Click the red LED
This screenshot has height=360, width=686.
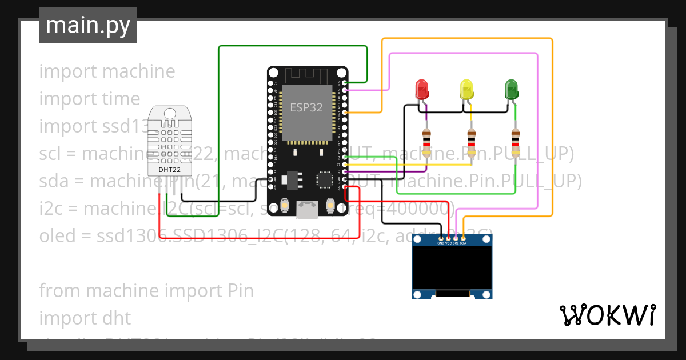coord(422,89)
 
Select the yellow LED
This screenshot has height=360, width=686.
coord(466,89)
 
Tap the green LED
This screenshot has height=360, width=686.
coord(511,89)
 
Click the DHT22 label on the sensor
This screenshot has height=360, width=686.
coord(170,169)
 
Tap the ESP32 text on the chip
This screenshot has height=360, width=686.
coord(306,107)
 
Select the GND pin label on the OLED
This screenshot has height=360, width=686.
coord(441,243)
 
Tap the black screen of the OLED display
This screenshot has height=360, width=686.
coord(452,267)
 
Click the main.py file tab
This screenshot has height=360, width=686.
coord(88,25)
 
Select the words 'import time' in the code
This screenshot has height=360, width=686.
coord(90,99)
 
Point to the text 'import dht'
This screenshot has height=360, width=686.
coord(85,318)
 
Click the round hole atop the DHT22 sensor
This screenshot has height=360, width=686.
coord(170,113)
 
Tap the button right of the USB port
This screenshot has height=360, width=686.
coord(330,205)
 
